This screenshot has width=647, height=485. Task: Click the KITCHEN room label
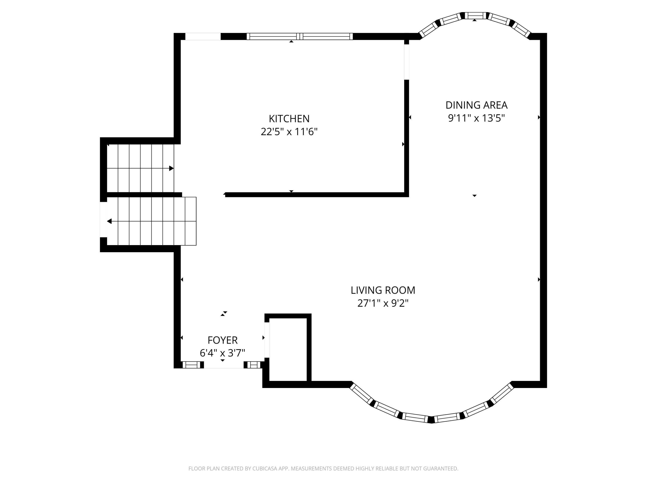[x=289, y=119]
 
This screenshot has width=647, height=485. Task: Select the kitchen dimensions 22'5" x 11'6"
[x=289, y=132]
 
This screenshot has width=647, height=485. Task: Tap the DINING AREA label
[x=476, y=105]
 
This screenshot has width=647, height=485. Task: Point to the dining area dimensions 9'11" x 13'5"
[x=476, y=118]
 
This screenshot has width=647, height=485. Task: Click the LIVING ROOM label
[x=383, y=290]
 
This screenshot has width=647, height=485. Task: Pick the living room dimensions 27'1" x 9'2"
[x=383, y=304]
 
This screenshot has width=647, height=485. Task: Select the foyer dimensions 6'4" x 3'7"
[x=222, y=353]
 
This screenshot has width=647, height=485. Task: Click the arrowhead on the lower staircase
[x=109, y=221]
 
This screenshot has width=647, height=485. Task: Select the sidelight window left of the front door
[x=192, y=365]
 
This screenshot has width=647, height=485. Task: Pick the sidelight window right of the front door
[x=254, y=365]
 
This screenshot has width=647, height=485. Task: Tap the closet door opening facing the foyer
[x=267, y=340]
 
